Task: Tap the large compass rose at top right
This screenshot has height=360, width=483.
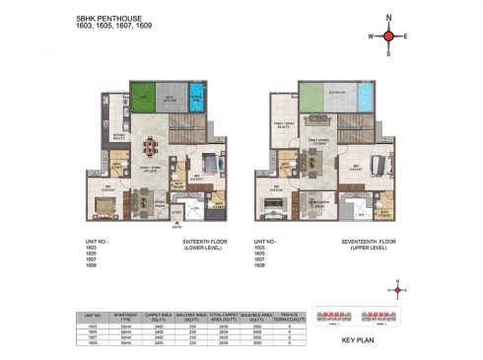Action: click(x=388, y=36)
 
